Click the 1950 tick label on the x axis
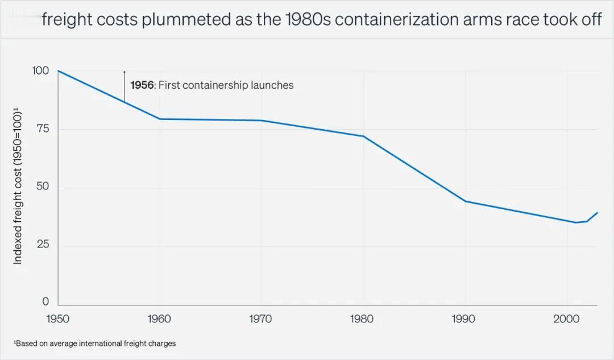click(58, 319)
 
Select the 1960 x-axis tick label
click(159, 319)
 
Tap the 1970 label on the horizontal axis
click(261, 319)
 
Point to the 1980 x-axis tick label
click(362, 319)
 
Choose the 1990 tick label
click(464, 319)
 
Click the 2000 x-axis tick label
click(566, 319)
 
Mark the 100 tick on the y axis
click(41, 71)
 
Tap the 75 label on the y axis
click(43, 129)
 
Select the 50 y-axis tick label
click(43, 187)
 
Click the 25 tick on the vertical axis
click(43, 245)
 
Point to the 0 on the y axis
click(46, 302)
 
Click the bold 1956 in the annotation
click(142, 85)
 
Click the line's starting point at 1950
click(59, 71)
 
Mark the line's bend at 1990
click(464, 201)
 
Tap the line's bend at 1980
click(363, 136)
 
